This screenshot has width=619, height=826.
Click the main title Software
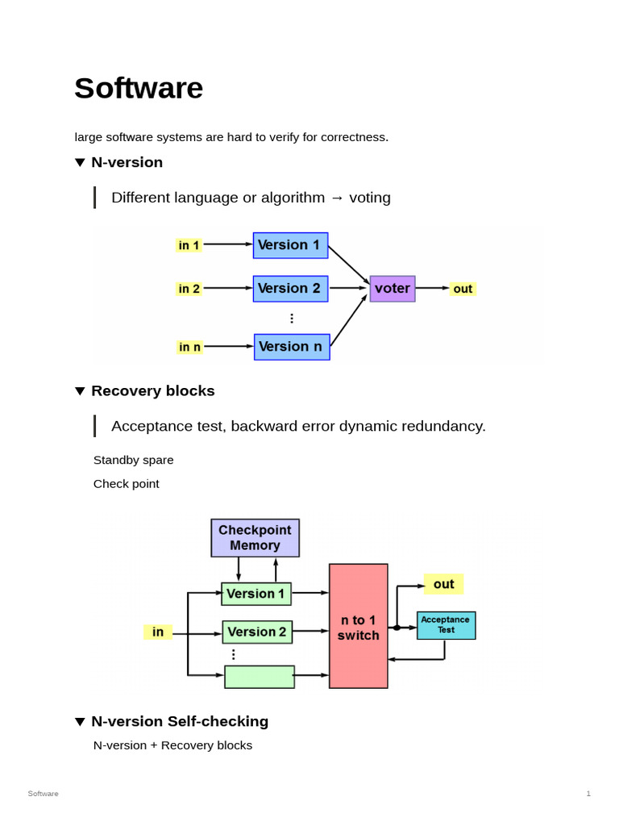tap(139, 88)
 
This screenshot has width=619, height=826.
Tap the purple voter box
tap(393, 289)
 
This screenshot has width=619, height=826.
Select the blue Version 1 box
tap(290, 245)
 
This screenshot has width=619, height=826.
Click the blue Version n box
tap(292, 347)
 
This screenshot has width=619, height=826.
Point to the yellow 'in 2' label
tap(189, 289)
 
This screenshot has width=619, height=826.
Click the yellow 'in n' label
tap(190, 347)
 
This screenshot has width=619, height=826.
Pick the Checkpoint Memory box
tap(255, 538)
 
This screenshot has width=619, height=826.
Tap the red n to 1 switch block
tap(359, 626)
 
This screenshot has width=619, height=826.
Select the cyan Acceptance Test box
tap(446, 625)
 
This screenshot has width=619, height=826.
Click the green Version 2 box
tap(257, 632)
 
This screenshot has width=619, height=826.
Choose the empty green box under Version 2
tap(260, 677)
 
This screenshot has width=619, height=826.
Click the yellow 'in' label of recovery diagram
tap(158, 632)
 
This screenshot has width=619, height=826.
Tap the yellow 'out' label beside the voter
tap(463, 289)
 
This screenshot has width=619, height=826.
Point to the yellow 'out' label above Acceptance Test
tap(443, 584)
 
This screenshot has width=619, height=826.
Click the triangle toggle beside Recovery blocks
tap(80, 391)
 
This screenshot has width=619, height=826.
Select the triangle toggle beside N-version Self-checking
tap(80, 722)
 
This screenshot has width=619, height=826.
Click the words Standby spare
tap(134, 460)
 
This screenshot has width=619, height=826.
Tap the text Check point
tap(127, 484)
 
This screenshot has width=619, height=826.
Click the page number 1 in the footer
tap(588, 794)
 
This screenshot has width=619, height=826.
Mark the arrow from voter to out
tap(432, 288)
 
